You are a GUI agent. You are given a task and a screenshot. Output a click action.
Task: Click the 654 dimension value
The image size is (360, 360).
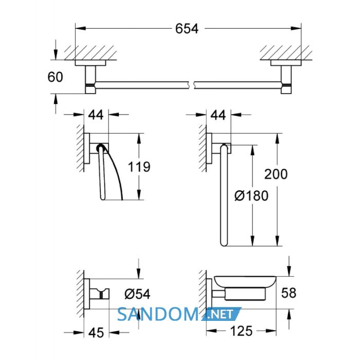point(186,29)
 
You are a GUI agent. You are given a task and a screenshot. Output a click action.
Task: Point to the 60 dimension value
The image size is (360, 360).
point(55,77)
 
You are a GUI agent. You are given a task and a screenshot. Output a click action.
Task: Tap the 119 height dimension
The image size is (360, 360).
point(139,167)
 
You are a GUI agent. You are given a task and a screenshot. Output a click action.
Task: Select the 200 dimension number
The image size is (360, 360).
point(276,174)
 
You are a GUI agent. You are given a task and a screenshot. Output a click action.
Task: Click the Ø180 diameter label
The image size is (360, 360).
point(251,196)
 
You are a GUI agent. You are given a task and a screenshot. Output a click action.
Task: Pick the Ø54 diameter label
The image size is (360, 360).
point(137,294)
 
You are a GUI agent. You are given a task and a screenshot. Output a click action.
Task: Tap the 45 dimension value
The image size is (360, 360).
point(96,332)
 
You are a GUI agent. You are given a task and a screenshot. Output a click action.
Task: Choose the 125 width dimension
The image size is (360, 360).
point(241,331)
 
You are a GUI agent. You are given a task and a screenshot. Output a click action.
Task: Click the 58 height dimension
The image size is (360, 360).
point(289,293)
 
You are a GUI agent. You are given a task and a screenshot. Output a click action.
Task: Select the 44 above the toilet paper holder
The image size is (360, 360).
point(96,115)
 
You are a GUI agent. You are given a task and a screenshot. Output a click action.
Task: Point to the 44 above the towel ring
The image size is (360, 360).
point(218,115)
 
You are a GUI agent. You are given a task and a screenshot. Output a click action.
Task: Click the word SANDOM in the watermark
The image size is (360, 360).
point(158,314)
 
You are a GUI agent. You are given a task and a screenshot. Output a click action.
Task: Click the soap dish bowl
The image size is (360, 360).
point(245,281)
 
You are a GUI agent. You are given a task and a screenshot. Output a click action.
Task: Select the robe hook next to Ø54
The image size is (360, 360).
point(99,294)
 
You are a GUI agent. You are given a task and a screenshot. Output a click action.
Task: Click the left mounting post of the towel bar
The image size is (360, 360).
point(91,79)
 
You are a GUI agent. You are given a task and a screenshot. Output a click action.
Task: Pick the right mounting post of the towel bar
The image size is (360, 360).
point(286,79)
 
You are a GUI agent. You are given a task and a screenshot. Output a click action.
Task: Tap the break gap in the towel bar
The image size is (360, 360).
point(191,85)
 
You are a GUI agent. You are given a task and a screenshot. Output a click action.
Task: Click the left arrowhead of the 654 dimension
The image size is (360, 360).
point(81,28)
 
